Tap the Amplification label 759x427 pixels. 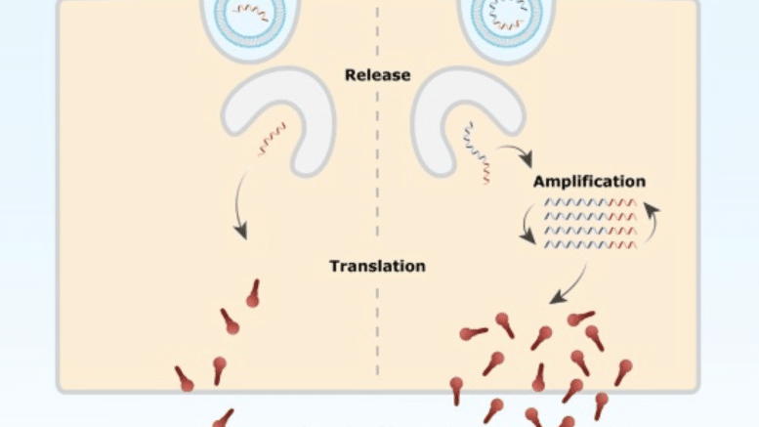tap(589, 181)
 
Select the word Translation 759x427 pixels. tap(377, 266)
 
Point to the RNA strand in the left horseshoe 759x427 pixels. tap(273, 139)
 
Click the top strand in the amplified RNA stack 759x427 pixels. tap(591, 202)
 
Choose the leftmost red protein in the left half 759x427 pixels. tap(184, 379)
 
